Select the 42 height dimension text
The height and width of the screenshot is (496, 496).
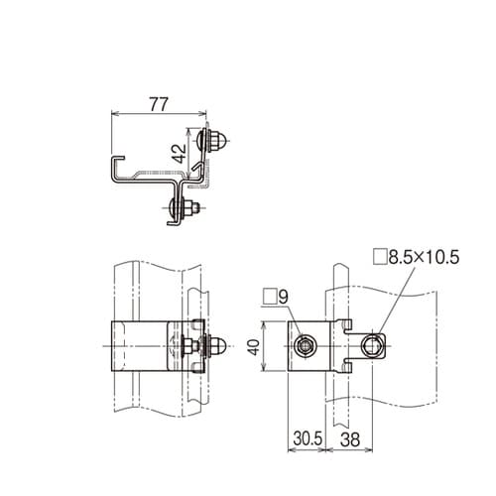[x=178, y=153]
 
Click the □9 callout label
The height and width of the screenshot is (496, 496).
[x=277, y=296]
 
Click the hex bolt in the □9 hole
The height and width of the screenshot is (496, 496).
[x=305, y=345]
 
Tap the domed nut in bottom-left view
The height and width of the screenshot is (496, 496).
[x=222, y=347]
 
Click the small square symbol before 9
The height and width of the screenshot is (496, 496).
[x=269, y=296]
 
